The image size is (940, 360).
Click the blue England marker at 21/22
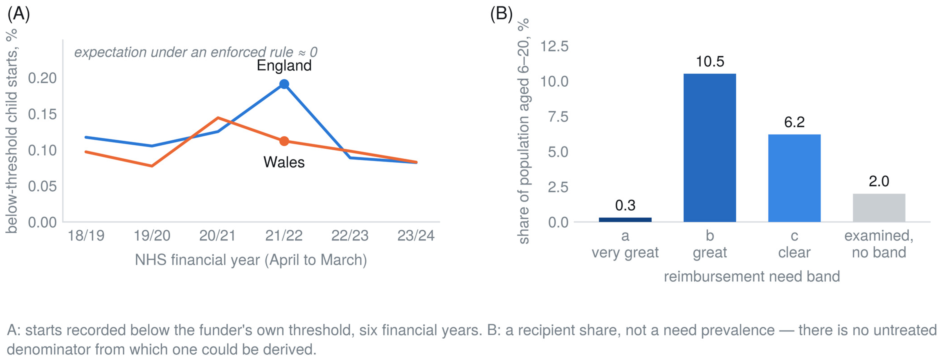[x=284, y=84]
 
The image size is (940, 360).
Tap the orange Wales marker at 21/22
[x=284, y=141]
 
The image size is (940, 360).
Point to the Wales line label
[x=284, y=162]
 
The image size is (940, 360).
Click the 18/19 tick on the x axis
[x=86, y=236]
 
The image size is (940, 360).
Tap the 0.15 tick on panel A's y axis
[x=42, y=114]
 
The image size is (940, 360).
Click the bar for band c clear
[x=794, y=178]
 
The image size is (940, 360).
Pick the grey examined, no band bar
[x=879, y=207]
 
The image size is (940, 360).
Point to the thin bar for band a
[x=625, y=220]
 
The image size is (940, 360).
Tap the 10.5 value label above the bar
[x=710, y=62]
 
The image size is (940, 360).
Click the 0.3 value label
[x=625, y=205]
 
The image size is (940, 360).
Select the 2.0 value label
[x=879, y=181]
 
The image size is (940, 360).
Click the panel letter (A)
[x=19, y=14]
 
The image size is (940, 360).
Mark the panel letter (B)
[x=501, y=14]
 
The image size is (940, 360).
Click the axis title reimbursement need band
[x=752, y=277]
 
